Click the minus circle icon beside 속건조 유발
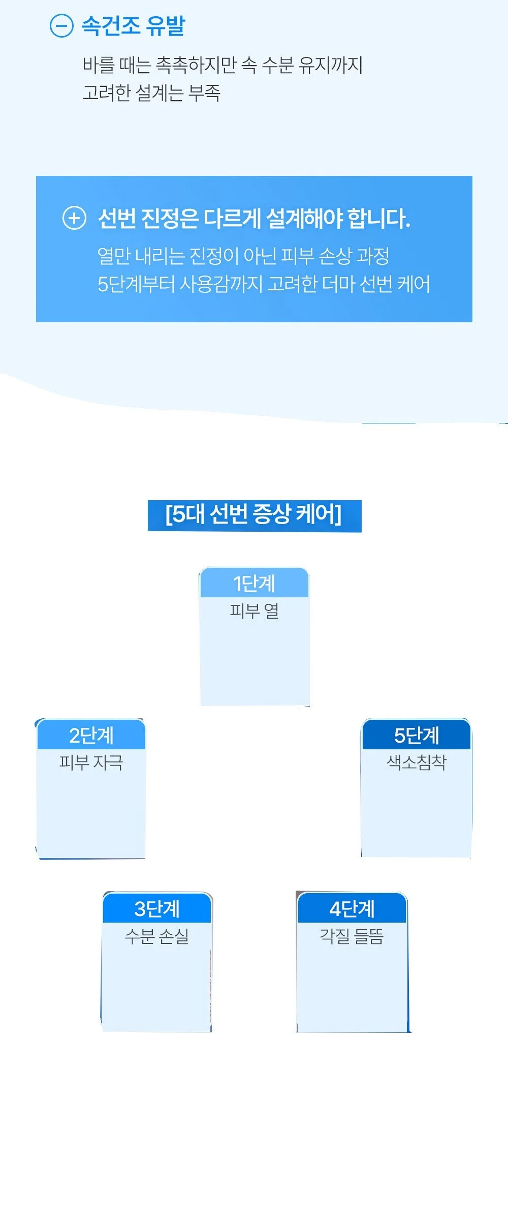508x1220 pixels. click(x=61, y=25)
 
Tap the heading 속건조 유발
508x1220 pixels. click(x=134, y=26)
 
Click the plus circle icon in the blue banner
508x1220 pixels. click(x=74, y=218)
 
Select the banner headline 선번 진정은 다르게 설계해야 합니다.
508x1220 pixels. click(x=254, y=218)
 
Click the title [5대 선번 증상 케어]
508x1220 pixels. click(x=254, y=514)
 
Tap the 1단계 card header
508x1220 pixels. click(x=255, y=583)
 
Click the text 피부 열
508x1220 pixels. click(x=255, y=611)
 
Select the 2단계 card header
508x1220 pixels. click(x=91, y=735)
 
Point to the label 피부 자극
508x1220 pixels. click(x=91, y=762)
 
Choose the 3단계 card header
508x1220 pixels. click(x=157, y=908)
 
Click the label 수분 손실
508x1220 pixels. click(x=157, y=936)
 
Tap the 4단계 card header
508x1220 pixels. click(x=352, y=908)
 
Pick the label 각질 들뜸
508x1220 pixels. click(x=352, y=936)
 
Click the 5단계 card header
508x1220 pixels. click(x=417, y=735)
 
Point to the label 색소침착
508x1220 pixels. click(x=417, y=762)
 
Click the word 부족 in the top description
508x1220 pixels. click(x=204, y=93)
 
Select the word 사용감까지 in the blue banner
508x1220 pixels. click(x=221, y=284)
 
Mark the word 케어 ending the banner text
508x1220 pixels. click(x=414, y=284)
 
